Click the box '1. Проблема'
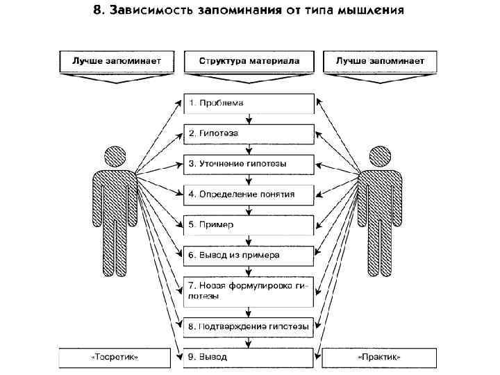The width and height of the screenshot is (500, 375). coord(249,103)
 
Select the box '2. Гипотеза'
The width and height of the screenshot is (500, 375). coord(249,133)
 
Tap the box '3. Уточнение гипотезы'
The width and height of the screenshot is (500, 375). coord(249,164)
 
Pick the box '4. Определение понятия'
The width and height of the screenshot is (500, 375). coord(249,194)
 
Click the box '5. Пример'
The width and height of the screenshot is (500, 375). coord(249,225)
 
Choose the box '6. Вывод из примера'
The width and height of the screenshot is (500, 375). coord(249,255)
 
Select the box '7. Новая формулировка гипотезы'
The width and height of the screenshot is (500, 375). coord(249,290)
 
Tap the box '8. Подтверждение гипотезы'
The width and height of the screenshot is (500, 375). coord(249,325)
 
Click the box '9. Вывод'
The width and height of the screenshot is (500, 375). coord(249,357)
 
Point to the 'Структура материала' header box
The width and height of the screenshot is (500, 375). coord(249,61)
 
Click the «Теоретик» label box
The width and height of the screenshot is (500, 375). coord(115,358)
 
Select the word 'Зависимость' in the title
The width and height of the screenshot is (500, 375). coord(151,11)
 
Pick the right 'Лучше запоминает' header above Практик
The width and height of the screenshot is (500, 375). coord(380,61)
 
